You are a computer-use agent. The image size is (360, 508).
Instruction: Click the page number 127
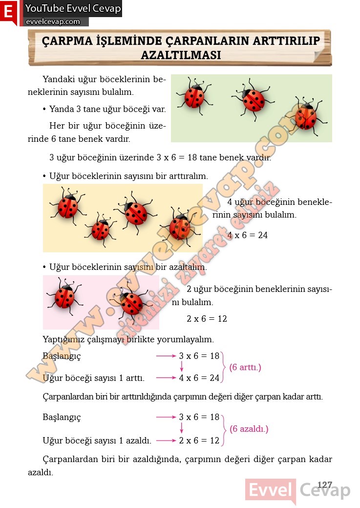324,485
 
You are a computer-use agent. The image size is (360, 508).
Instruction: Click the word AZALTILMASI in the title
181,55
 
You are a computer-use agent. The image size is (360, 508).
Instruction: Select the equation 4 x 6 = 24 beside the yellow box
248,235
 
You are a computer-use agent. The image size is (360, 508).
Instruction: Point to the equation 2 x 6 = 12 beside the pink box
207,319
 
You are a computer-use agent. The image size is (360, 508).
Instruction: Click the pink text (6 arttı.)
245,367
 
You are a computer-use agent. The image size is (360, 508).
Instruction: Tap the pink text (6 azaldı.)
249,429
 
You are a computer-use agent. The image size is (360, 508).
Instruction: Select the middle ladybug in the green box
253,100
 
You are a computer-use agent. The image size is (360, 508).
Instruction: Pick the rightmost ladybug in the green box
306,116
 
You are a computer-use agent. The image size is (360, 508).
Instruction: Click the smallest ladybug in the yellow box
100,229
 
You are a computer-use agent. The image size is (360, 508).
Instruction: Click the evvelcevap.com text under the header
53,22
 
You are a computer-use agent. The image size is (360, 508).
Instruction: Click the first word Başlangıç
62,356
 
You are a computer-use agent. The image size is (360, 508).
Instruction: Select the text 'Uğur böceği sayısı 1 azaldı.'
97,441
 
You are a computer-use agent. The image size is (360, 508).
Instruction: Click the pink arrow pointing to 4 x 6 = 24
166,377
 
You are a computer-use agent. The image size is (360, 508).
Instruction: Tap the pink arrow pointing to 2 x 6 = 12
166,441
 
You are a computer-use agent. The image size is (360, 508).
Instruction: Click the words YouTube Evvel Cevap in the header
73,8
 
